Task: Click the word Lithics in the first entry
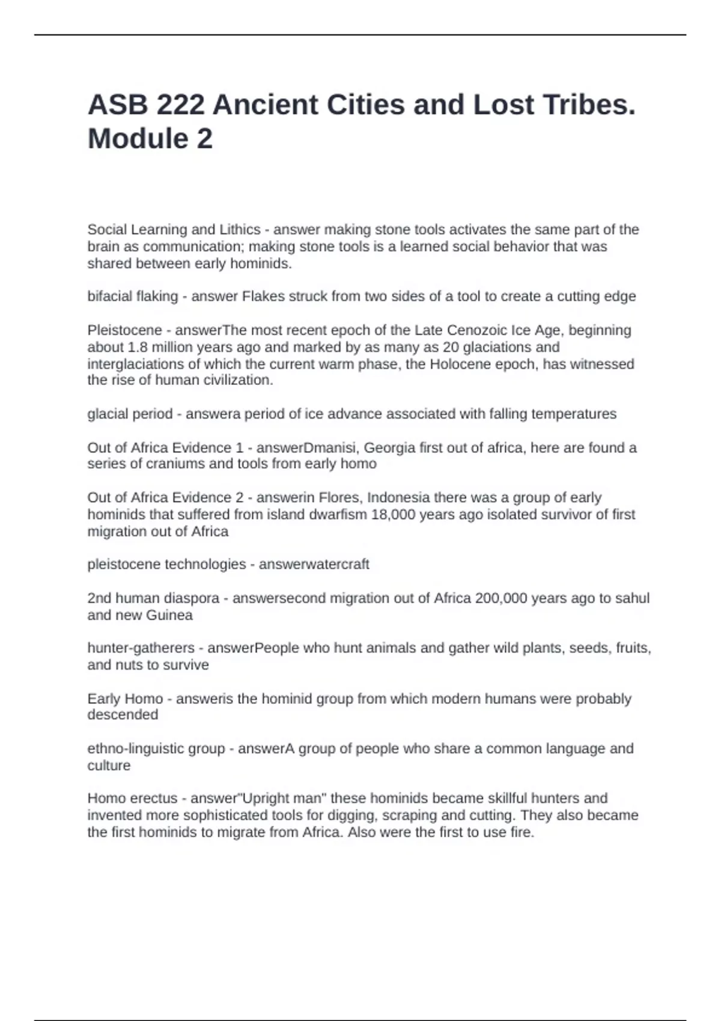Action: tap(239, 230)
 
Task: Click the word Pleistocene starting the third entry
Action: tap(124, 330)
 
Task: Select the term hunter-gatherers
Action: tap(141, 648)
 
